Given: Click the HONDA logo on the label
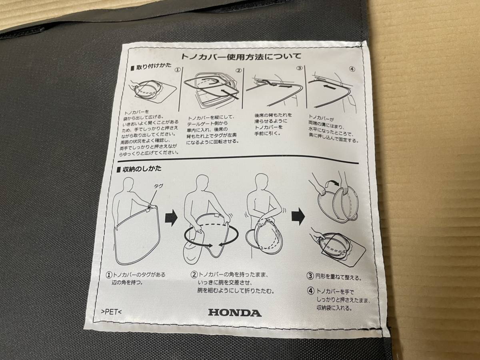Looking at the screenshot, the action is click(235, 313).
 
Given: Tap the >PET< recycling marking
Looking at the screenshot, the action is click(111, 312).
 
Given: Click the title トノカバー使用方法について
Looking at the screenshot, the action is click(241, 56).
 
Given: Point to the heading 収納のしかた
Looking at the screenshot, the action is click(139, 169).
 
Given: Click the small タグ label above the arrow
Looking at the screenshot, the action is click(158, 186).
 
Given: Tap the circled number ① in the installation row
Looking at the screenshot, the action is click(178, 70).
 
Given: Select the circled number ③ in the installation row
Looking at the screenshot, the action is click(299, 68).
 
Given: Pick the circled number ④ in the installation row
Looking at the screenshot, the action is click(352, 69).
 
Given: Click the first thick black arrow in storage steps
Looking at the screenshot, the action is click(171, 218).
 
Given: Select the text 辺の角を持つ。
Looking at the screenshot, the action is click(127, 282).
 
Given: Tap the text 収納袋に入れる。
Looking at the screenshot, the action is click(334, 308).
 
